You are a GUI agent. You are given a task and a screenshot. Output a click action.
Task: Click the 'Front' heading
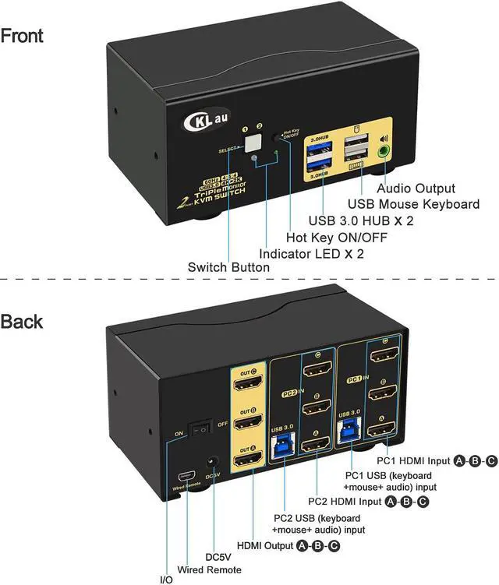(23, 35)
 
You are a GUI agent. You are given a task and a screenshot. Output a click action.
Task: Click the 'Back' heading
(22, 321)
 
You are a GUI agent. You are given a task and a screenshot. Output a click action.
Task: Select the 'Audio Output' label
(415, 188)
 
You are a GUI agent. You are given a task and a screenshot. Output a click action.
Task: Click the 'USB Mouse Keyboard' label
(419, 204)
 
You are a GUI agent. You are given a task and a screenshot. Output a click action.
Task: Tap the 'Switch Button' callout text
(228, 267)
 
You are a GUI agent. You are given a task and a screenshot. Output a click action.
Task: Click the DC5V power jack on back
(209, 463)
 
